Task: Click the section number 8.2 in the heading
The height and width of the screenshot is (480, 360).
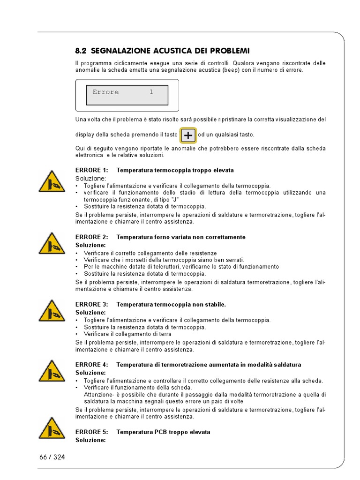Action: tap(82, 51)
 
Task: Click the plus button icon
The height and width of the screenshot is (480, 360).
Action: tap(188, 135)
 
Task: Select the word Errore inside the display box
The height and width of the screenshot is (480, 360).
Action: tap(105, 92)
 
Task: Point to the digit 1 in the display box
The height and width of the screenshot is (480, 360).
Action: tap(151, 92)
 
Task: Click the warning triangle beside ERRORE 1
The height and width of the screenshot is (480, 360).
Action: tap(52, 182)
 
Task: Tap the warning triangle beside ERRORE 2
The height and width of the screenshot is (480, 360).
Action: tap(52, 243)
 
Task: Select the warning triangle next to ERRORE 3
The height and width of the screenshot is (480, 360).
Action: tap(52, 311)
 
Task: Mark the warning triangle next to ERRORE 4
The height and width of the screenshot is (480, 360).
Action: tap(52, 371)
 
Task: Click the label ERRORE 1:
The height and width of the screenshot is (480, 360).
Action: tap(92, 170)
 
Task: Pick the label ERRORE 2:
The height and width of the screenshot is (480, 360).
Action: tap(92, 237)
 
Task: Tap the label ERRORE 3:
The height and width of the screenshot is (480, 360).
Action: tap(92, 305)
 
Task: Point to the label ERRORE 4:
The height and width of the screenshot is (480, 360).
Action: tap(92, 365)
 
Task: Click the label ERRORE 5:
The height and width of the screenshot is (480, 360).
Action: tap(92, 432)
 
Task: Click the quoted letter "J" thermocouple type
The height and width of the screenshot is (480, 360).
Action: tap(174, 200)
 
